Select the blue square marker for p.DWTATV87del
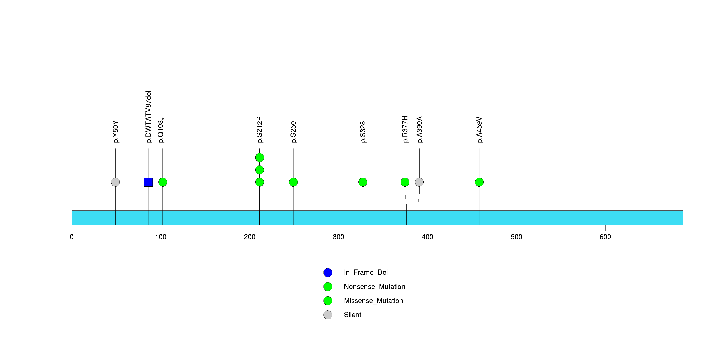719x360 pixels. [x=148, y=182]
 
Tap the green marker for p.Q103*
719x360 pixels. [x=163, y=182]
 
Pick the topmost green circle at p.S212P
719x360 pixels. [x=260, y=158]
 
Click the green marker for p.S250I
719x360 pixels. [x=293, y=182]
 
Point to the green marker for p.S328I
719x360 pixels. [x=363, y=182]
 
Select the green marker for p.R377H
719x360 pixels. [x=405, y=182]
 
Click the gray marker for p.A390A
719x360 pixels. [x=419, y=182]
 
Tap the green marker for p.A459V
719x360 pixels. [x=479, y=182]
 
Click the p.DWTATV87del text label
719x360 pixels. [x=148, y=117]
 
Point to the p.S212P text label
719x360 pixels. [x=260, y=130]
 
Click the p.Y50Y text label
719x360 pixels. [x=116, y=132]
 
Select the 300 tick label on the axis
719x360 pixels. [x=339, y=237]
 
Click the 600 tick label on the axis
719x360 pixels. [x=605, y=237]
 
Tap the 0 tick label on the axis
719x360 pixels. [x=72, y=237]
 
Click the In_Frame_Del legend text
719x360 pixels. [x=366, y=272]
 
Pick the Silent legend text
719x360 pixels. [x=352, y=315]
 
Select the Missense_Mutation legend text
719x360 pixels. [x=374, y=301]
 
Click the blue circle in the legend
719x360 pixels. [x=328, y=273]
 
